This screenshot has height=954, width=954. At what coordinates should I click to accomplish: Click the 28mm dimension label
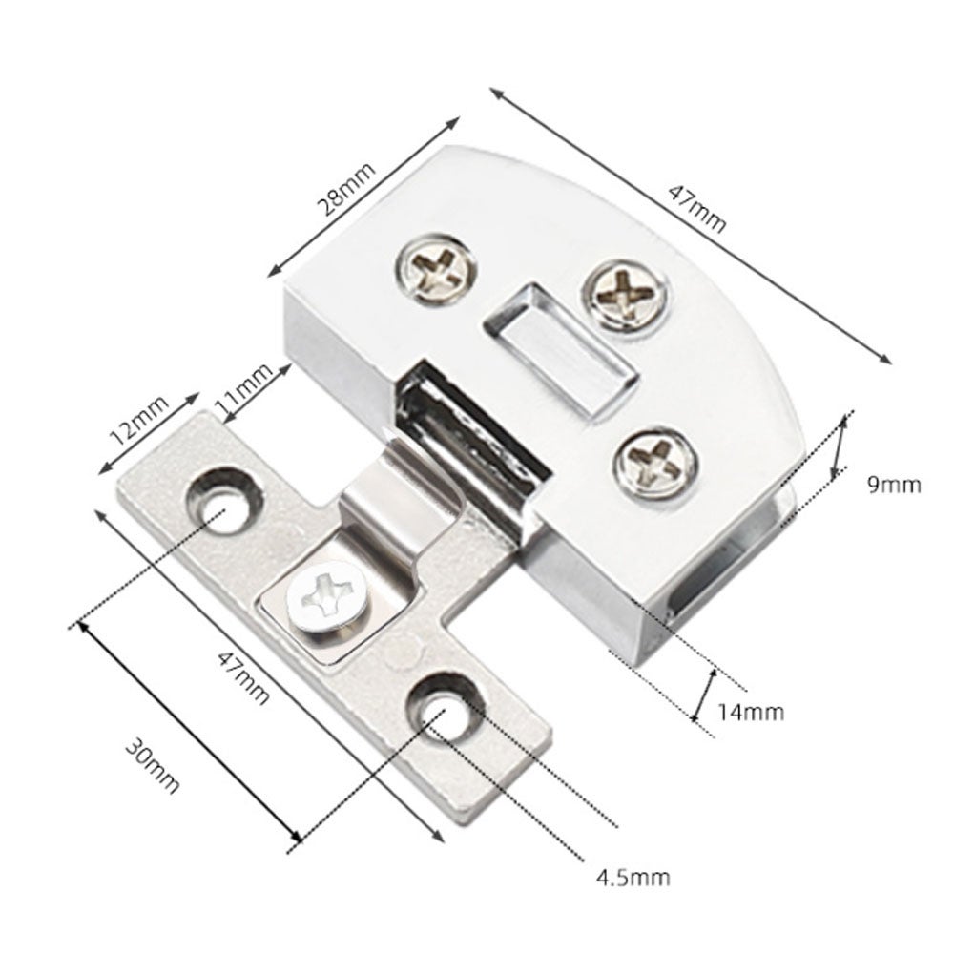click(x=347, y=189)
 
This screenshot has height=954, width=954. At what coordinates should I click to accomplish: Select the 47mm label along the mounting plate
click(x=243, y=677)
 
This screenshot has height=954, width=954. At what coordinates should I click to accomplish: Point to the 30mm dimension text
click(x=152, y=765)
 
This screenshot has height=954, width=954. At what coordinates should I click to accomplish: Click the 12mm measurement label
click(x=138, y=419)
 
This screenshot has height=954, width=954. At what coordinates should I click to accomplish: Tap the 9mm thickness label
click(x=894, y=485)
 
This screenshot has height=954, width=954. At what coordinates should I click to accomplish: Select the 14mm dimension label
click(x=751, y=712)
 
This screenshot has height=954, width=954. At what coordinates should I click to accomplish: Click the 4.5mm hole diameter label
click(x=633, y=878)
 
